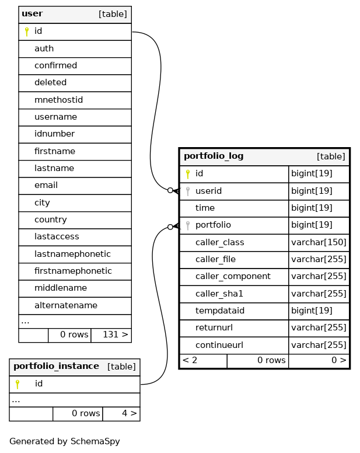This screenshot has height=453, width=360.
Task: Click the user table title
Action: point(32,13)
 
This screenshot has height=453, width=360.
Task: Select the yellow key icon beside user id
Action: point(27,32)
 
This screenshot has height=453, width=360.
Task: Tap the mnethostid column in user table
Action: point(58,100)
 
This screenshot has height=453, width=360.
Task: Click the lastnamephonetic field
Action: point(72,254)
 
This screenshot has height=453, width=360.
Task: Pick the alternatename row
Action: point(66,305)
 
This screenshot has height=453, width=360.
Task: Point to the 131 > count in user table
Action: point(115,334)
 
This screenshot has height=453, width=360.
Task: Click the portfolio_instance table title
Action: point(56,367)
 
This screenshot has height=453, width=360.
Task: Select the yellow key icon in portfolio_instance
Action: point(18,384)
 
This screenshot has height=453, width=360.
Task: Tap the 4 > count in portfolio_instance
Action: point(129,413)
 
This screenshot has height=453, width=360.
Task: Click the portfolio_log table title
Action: point(214,156)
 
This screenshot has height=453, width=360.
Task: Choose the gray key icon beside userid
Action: point(188,191)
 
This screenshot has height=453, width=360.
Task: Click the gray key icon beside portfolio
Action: point(188,225)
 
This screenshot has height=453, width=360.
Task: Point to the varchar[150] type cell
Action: point(319,242)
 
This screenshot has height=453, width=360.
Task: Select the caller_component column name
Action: point(233,277)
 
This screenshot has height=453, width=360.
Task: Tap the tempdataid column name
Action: point(220,311)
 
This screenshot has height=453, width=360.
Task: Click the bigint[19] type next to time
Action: point(312,208)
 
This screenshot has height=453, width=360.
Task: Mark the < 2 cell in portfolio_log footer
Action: point(190,360)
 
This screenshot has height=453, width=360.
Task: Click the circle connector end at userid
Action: point(170,190)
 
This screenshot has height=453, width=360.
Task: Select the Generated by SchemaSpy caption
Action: point(65,441)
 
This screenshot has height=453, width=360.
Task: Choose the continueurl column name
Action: point(219,345)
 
